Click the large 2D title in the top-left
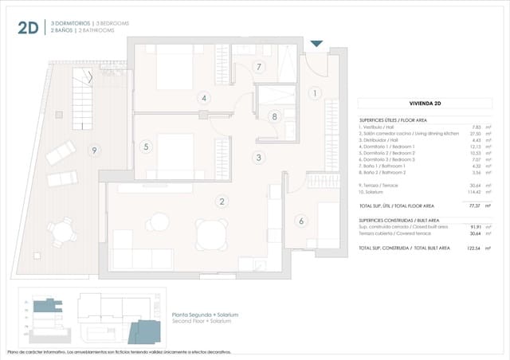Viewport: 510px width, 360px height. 29,29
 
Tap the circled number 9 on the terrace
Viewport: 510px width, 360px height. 94,150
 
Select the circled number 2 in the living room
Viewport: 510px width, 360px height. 222,202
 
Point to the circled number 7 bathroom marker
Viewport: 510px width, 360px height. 259,67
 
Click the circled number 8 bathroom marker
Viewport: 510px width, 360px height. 274,116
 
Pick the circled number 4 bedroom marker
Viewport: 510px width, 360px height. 205,98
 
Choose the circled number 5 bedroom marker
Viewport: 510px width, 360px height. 146,147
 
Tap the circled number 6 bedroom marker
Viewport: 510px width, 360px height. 300,221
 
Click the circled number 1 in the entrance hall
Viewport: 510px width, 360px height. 315,93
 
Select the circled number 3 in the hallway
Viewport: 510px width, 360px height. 258,158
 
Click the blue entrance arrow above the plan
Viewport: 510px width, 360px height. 316,44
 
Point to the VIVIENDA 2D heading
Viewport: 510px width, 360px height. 432,103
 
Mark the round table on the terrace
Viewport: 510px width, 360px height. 62,230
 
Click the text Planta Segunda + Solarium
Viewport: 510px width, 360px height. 205,315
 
